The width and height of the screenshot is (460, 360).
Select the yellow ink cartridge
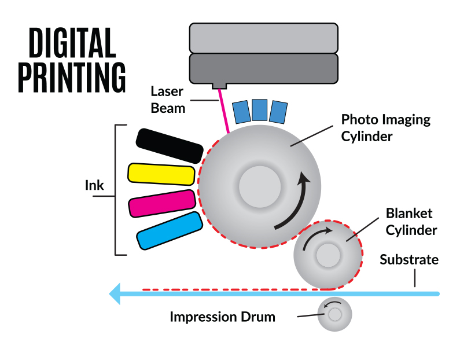[161, 174]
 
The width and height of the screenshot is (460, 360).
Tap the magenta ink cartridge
[161, 203]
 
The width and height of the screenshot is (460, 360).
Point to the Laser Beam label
[168, 99]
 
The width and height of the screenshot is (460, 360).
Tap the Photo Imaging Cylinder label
[385, 128]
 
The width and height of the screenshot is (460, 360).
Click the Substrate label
[409, 259]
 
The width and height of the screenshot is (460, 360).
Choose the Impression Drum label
[222, 317]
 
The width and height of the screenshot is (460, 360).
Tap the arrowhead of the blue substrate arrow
[116, 293]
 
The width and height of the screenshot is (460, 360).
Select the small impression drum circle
[334, 314]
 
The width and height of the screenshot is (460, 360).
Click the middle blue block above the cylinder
[260, 110]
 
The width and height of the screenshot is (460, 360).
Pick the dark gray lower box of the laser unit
[263, 68]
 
